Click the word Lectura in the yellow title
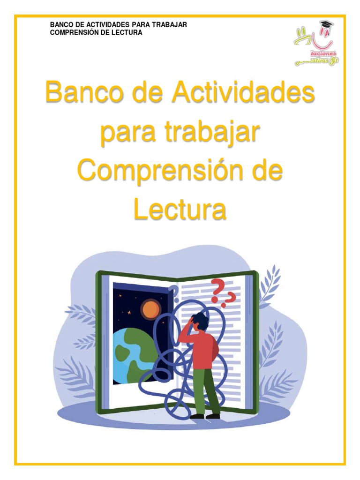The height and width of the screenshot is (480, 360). pyautogui.click(x=180, y=210)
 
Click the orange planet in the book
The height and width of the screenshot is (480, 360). pyautogui.click(x=150, y=309)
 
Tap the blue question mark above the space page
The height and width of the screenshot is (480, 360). pyautogui.click(x=174, y=293)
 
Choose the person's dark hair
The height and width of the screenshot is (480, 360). pyautogui.click(x=201, y=321)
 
